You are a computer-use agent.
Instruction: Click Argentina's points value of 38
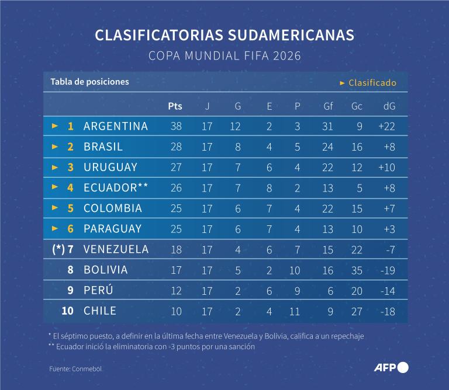[x=176, y=126]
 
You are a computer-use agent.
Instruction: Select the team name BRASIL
[x=103, y=147]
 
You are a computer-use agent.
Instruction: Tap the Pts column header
[x=175, y=106]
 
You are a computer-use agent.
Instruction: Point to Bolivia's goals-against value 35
[x=357, y=270]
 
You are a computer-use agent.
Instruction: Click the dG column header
[x=389, y=106]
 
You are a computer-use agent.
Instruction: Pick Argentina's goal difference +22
[x=386, y=126]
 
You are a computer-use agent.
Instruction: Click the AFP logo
[x=391, y=367]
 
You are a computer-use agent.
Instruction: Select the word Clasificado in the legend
[x=372, y=83]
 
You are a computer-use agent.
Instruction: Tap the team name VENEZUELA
[x=116, y=249]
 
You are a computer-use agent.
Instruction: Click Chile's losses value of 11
[x=294, y=311]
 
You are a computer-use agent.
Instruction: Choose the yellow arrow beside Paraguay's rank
[x=55, y=228]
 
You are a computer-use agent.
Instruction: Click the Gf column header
[x=328, y=106]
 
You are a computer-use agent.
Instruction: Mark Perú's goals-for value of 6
[x=330, y=291]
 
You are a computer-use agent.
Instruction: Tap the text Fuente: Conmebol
[x=71, y=369]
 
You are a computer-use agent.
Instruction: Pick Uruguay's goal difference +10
[x=386, y=167]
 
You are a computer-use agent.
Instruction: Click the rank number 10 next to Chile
[x=68, y=311]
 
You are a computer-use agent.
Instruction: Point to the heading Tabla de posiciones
[x=89, y=82]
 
